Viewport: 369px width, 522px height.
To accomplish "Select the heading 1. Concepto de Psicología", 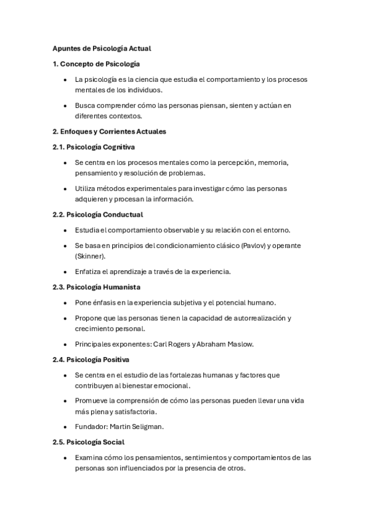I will pyautogui.click(x=96, y=63).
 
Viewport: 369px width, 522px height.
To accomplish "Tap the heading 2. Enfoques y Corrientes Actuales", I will pyautogui.click(x=109, y=131).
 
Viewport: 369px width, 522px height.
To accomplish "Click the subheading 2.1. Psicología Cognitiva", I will pyautogui.click(x=94, y=147).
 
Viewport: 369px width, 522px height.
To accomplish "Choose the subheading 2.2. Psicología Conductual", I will pyautogui.click(x=97, y=214).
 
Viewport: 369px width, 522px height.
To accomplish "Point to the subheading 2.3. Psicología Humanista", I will pyautogui.click(x=96, y=287).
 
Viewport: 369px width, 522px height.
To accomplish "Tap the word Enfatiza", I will pyautogui.click(x=87, y=271).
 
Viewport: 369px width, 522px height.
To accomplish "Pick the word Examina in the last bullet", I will pyautogui.click(x=89, y=458).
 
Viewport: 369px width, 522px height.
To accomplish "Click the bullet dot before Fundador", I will pyautogui.click(x=65, y=427).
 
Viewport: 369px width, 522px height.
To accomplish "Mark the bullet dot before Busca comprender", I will pyautogui.click(x=65, y=105).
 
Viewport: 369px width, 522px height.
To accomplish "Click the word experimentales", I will pyautogui.click(x=146, y=188).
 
